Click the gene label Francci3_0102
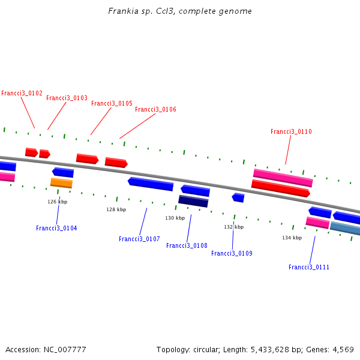point(22,94)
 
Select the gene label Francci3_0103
point(67,98)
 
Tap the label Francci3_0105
point(112,104)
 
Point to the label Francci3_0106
point(155,110)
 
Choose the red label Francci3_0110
point(291,132)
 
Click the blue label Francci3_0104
point(56,229)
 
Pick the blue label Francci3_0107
point(139,239)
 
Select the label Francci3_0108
point(187,246)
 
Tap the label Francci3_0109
point(232,254)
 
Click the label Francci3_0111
point(308,268)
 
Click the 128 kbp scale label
point(116,210)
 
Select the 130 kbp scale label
point(175,218)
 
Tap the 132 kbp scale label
point(234,227)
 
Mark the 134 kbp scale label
point(292,238)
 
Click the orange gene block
point(61,182)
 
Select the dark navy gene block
point(193,201)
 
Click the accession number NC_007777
point(65,349)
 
